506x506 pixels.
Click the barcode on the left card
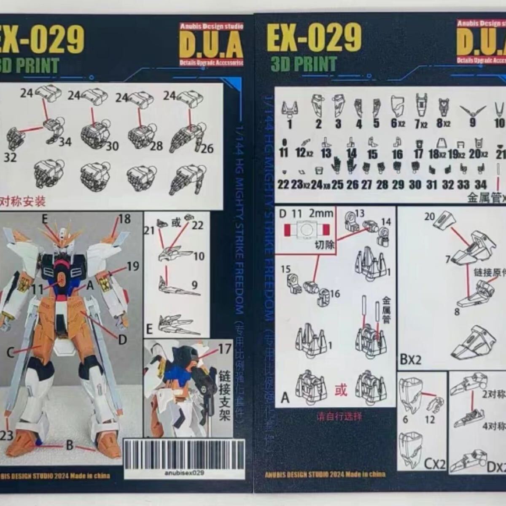click(183, 454)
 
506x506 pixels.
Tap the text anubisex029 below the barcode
click(183, 473)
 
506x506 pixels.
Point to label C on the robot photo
click(11, 352)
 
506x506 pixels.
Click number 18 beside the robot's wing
click(124, 219)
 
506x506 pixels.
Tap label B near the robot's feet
click(69, 445)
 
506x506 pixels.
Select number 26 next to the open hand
click(207, 148)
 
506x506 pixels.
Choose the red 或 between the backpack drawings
click(341, 390)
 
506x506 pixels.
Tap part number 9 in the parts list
click(472, 122)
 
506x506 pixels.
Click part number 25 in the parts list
click(337, 184)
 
